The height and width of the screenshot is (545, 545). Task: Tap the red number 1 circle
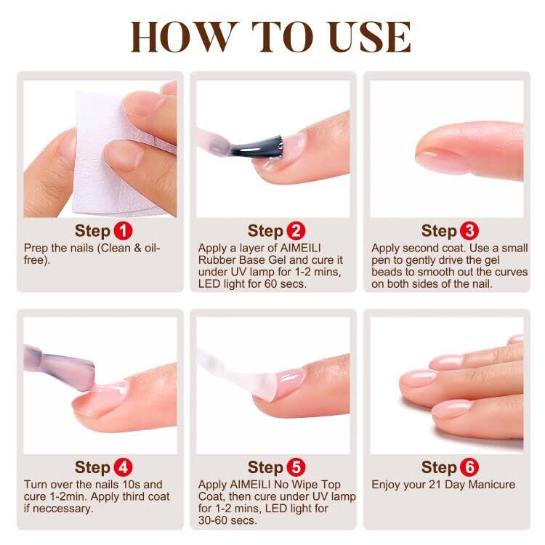(123, 231)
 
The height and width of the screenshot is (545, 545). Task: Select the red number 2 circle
(296, 231)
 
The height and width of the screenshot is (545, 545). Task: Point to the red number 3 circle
(469, 231)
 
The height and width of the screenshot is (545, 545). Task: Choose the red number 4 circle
(123, 467)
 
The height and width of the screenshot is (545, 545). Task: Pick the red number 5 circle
(296, 467)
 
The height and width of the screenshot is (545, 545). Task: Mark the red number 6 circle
(469, 467)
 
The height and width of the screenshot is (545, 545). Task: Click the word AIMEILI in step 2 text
(300, 249)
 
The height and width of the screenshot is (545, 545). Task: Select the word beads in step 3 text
(385, 272)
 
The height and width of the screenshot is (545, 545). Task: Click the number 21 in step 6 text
(435, 485)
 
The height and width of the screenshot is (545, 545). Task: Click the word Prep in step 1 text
(36, 249)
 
